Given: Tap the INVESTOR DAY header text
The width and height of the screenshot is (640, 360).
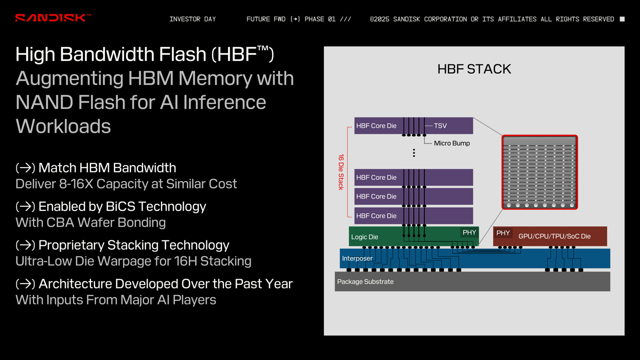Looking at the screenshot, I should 192,19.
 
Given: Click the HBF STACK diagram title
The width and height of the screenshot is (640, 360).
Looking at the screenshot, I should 474,69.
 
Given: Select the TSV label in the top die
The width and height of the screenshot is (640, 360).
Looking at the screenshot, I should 440,126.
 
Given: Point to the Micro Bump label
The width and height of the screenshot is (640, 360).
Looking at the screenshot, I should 452,143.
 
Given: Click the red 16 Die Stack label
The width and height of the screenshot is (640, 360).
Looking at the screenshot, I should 341,172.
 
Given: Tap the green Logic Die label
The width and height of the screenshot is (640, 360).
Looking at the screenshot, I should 364,237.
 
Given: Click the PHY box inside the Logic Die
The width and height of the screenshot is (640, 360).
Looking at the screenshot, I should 469,232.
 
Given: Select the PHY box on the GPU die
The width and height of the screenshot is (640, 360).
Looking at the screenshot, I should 503,233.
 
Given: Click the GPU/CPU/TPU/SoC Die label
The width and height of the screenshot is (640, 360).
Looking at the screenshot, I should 554,236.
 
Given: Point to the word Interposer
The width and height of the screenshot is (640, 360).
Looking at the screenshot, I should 357,258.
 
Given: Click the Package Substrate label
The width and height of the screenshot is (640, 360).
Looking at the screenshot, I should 365,281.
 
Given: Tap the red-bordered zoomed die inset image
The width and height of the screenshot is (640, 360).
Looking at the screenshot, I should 540,172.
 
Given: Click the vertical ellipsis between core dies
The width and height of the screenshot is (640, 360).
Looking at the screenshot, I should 414,153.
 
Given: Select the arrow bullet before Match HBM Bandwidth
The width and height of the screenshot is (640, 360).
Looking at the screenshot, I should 25,168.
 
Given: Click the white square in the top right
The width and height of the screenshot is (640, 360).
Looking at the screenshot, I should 622,19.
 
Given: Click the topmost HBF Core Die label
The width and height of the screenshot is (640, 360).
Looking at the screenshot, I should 376,126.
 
